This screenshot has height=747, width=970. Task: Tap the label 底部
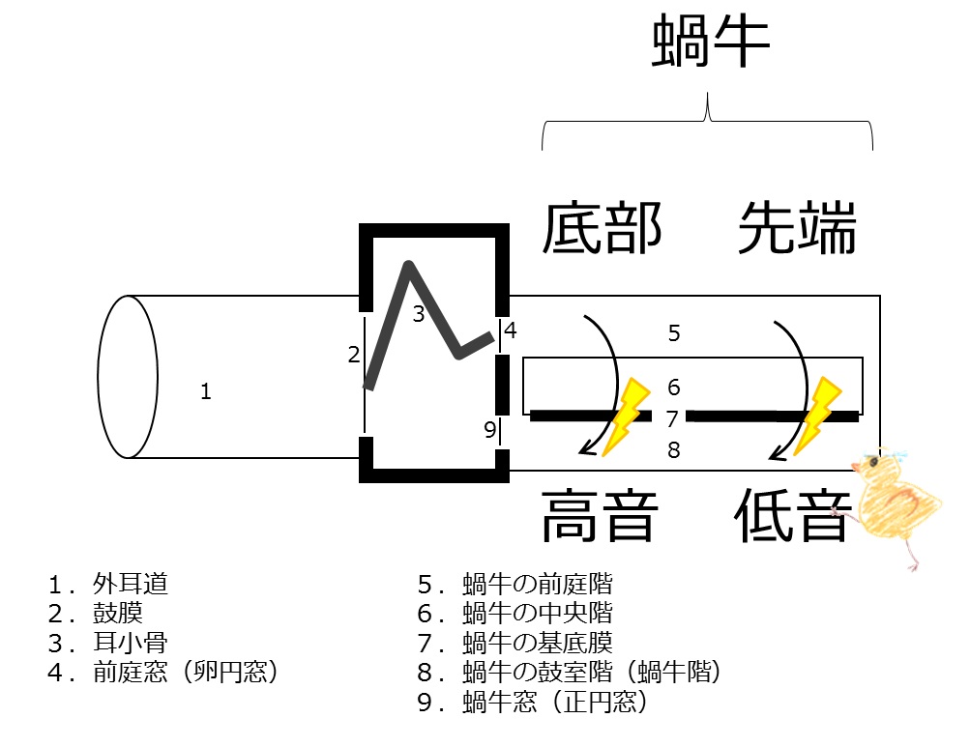point(603,229)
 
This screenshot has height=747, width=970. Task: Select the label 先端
point(797,229)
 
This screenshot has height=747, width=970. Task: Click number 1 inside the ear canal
point(205,391)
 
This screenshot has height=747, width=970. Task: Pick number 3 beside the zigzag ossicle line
point(418,313)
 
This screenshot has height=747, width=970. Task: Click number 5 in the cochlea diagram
point(674,334)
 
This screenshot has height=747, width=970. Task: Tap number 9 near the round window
point(489,429)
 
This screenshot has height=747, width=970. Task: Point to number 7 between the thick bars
point(673,418)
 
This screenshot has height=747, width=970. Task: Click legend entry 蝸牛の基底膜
point(537,642)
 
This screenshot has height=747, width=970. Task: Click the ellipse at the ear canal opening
point(128,376)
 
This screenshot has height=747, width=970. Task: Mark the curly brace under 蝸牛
point(708,122)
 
